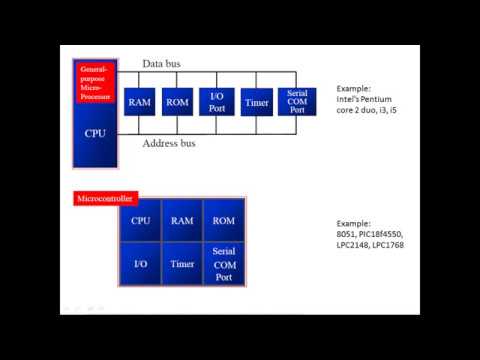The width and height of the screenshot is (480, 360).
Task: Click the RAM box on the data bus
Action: [x=139, y=102]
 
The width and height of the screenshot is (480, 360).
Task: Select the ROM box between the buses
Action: [x=177, y=102]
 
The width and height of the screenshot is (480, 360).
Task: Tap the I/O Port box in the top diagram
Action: [x=216, y=102]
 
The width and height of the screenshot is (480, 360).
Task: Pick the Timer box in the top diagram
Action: [x=256, y=102]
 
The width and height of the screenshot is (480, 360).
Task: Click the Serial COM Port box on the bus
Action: [x=296, y=102]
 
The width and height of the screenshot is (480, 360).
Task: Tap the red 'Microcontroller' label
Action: [x=107, y=199]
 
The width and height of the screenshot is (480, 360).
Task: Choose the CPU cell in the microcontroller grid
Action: [x=141, y=221]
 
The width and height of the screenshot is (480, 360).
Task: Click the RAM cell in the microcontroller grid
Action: [x=182, y=221]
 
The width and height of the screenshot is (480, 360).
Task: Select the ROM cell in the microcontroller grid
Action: [x=223, y=221]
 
